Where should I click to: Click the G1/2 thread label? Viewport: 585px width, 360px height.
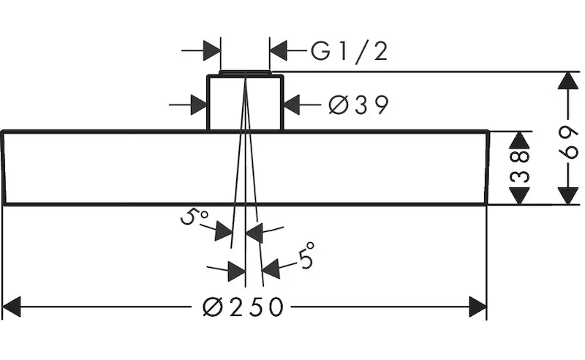click(350, 51)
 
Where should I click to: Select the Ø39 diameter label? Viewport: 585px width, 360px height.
click(358, 105)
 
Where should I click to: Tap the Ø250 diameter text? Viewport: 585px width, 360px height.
click(241, 307)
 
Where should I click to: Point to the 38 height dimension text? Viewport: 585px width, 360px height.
click(518, 168)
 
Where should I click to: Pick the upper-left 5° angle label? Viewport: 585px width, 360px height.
click(193, 217)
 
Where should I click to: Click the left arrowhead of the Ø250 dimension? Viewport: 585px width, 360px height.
click(13, 307)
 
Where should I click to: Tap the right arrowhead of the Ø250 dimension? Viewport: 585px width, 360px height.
click(477, 307)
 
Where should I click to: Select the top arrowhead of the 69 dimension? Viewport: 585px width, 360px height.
click(567, 80)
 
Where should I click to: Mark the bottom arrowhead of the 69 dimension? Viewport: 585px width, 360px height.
click(567, 195)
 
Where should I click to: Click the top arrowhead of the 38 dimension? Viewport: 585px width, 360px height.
click(518, 140)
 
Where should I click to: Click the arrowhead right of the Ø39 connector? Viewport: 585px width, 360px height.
click(292, 105)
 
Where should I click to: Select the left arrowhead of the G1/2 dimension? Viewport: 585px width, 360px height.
click(211, 50)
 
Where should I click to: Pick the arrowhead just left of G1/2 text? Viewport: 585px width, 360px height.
click(279, 50)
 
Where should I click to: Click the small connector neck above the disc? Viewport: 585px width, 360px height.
click(244, 102)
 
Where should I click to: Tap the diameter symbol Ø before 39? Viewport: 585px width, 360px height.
click(337, 105)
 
